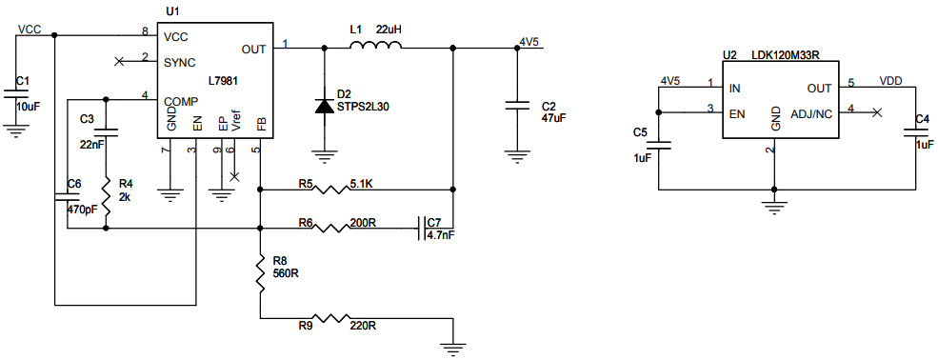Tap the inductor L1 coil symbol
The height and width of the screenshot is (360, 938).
click(374, 46)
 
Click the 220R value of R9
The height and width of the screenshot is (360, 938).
click(362, 326)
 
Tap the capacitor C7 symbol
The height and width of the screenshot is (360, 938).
click(421, 228)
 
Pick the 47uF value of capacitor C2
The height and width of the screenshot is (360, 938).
click(554, 119)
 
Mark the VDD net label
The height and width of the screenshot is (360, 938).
click(891, 81)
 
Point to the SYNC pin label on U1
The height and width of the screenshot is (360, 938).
click(179, 60)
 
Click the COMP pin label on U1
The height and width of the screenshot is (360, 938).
click(180, 100)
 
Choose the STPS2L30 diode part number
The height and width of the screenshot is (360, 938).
click(363, 107)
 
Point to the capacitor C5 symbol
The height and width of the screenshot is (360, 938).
click(665, 146)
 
